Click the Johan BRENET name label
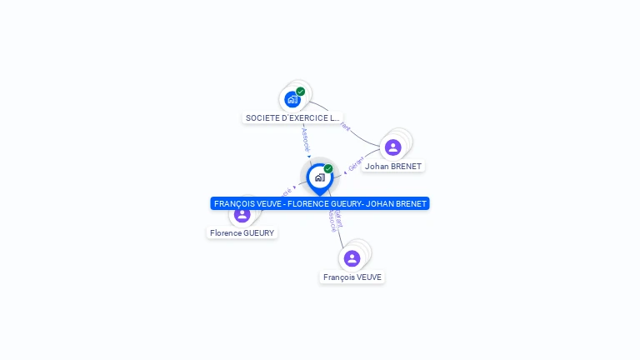393,166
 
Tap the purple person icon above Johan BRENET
393,147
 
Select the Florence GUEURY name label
242,233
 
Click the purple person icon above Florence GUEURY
242,215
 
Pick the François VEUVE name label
352,277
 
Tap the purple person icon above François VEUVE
352,258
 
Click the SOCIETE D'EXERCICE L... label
292,118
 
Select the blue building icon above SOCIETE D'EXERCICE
292,100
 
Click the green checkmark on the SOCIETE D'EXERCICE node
301,92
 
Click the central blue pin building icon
319,177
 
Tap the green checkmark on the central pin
328,169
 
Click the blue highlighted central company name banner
320,203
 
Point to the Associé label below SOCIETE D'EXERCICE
305,138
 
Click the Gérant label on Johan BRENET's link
356,163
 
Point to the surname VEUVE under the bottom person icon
368,277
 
